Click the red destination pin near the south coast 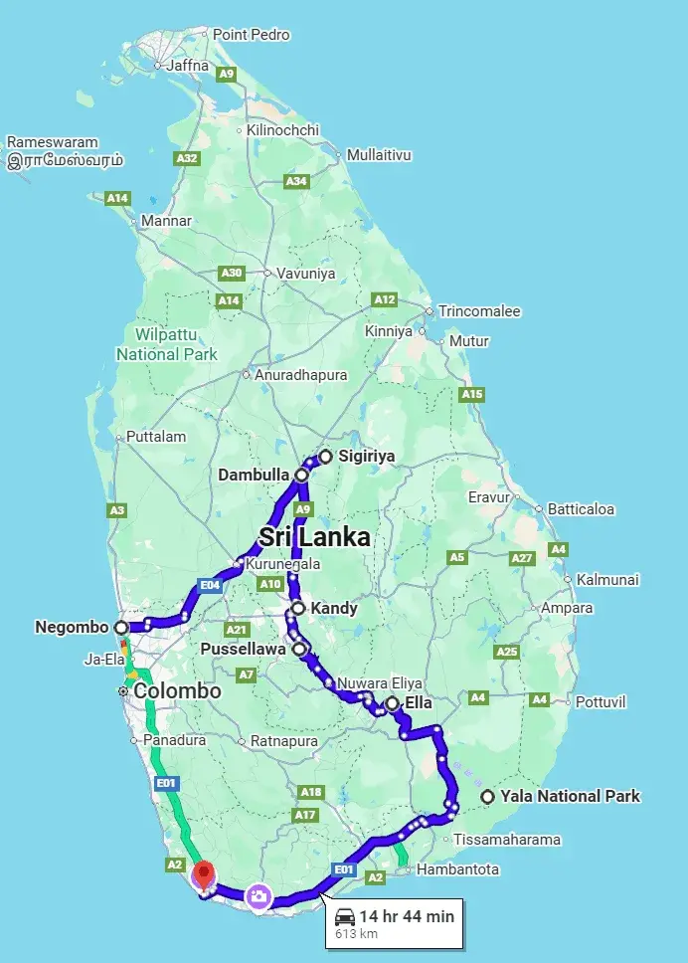pyautogui.click(x=204, y=875)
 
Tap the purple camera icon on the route pyautogui.click(x=258, y=896)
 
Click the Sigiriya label pyautogui.click(x=366, y=457)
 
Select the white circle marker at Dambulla pyautogui.click(x=300, y=476)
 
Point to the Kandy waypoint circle pyautogui.click(x=297, y=608)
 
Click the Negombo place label pyautogui.click(x=70, y=628)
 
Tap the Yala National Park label pyautogui.click(x=570, y=796)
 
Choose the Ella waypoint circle pyautogui.click(x=393, y=703)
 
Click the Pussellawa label pyautogui.click(x=245, y=649)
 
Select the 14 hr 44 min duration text pyautogui.click(x=407, y=916)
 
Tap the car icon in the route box pyautogui.click(x=345, y=916)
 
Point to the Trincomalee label pyautogui.click(x=479, y=311)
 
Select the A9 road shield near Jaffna pyautogui.click(x=227, y=74)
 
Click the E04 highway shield pyautogui.click(x=209, y=585)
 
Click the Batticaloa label pyautogui.click(x=581, y=509)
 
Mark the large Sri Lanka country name pyautogui.click(x=314, y=537)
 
